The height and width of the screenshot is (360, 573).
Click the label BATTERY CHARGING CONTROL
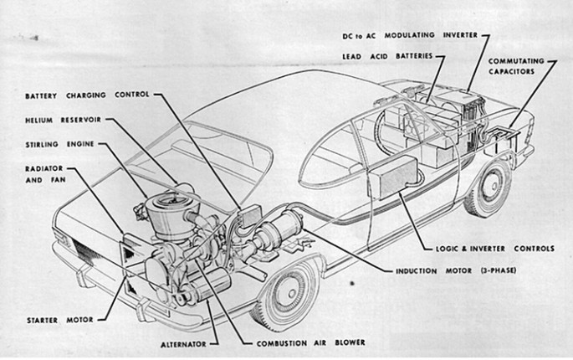pos(86,94)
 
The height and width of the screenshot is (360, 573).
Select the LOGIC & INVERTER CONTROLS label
pos(495,248)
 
